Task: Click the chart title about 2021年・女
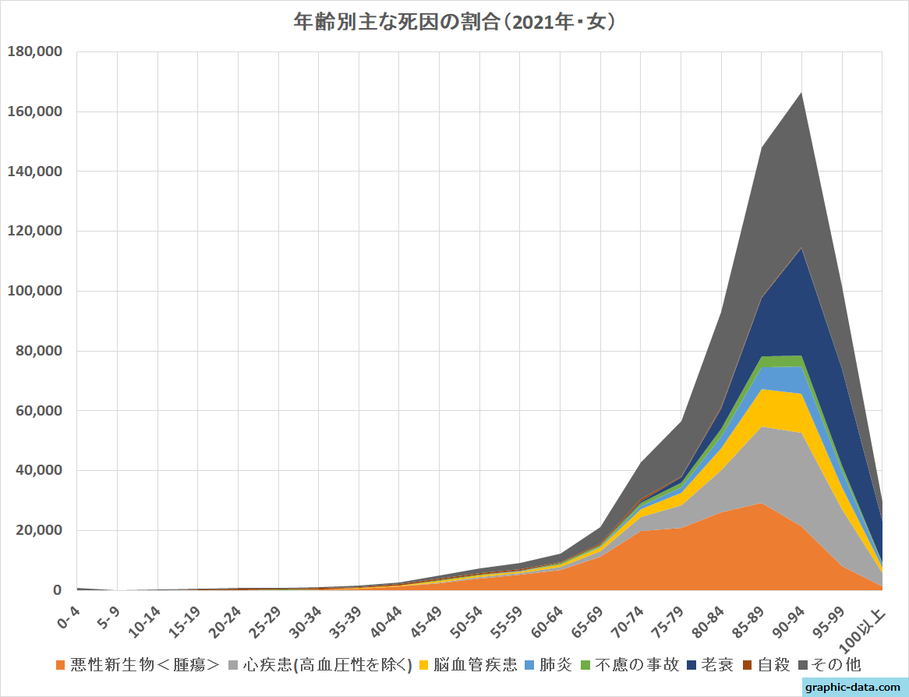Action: [454, 22]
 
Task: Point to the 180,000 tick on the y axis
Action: [34, 52]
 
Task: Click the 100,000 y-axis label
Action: [34, 291]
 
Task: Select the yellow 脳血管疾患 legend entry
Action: [475, 665]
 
